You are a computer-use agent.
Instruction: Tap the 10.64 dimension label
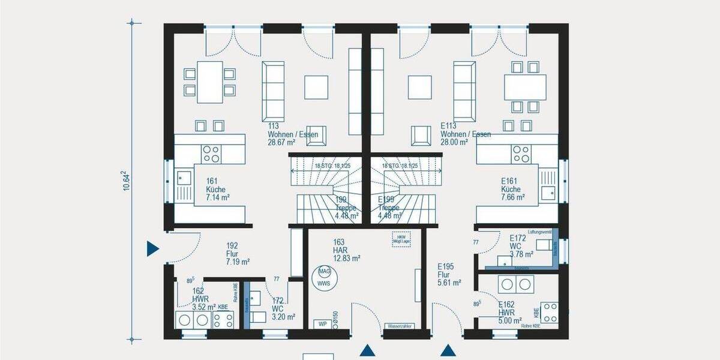(126, 181)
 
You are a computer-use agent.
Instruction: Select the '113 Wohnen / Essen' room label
(293, 134)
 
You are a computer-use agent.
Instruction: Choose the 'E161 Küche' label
(513, 189)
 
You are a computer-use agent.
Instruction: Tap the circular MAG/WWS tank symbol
(325, 277)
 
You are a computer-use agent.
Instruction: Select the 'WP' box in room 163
(323, 323)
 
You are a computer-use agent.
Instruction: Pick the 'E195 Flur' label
(449, 274)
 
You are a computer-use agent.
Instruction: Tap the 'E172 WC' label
(517, 246)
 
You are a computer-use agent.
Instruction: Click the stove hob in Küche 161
(211, 154)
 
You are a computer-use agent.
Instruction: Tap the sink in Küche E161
(547, 193)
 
